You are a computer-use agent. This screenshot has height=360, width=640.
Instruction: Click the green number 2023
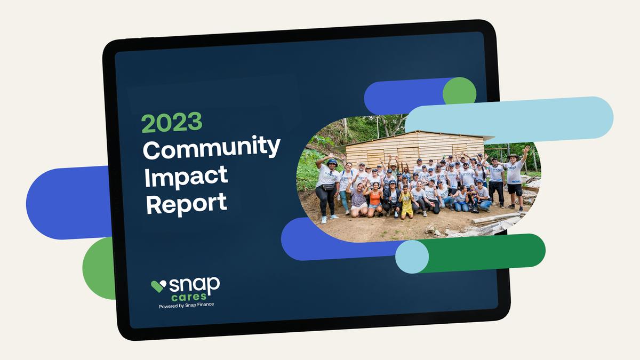(x=172, y=122)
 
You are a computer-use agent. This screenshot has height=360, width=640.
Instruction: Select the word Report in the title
(x=187, y=203)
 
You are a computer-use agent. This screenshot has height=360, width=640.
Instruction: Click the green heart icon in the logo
(x=158, y=286)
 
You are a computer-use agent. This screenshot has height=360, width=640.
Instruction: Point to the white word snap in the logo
(x=194, y=285)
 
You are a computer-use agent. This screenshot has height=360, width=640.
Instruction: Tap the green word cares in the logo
(x=189, y=297)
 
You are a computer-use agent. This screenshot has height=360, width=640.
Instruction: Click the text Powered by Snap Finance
(x=186, y=306)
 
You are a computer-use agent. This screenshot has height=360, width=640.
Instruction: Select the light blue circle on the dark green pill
(x=412, y=257)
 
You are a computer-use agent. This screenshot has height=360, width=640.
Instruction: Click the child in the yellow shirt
(x=406, y=202)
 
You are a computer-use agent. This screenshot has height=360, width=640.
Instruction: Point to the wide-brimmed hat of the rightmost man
(x=513, y=156)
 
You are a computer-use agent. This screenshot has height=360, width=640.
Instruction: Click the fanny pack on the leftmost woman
(x=328, y=187)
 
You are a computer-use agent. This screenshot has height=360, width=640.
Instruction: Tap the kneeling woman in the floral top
(x=357, y=199)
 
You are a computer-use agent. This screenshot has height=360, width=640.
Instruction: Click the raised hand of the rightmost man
(x=526, y=149)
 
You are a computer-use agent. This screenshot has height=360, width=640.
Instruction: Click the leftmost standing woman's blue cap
(x=332, y=162)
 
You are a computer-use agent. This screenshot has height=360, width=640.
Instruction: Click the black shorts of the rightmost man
(x=515, y=189)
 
